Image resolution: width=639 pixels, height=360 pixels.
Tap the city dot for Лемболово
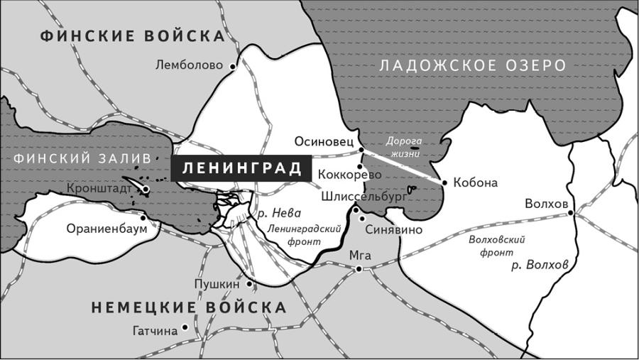(x=231, y=66)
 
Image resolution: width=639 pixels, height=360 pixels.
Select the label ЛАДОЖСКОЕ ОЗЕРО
(x=473, y=65)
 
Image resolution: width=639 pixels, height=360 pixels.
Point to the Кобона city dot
(x=445, y=182)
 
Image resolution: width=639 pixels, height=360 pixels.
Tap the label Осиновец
(x=324, y=142)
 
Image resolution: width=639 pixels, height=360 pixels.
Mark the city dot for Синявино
(x=355, y=210)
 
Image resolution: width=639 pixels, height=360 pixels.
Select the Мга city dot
(x=359, y=268)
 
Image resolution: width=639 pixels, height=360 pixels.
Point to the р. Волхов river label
(x=540, y=264)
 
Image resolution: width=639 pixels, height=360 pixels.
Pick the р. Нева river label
(x=278, y=212)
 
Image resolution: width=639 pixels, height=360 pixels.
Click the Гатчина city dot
(x=185, y=327)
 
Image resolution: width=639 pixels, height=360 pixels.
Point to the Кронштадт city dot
(x=146, y=190)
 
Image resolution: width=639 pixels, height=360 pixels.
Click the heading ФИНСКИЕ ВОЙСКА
(x=133, y=36)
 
